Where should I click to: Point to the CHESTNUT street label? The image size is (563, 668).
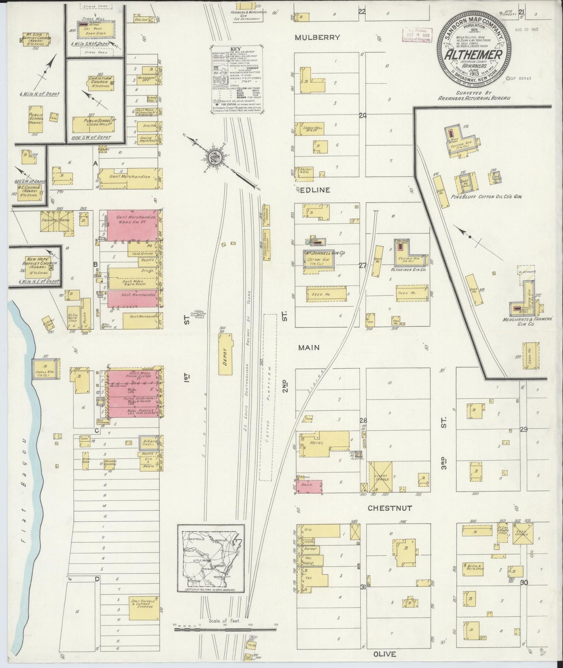point(390,508)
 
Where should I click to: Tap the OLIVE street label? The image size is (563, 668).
point(385,654)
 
